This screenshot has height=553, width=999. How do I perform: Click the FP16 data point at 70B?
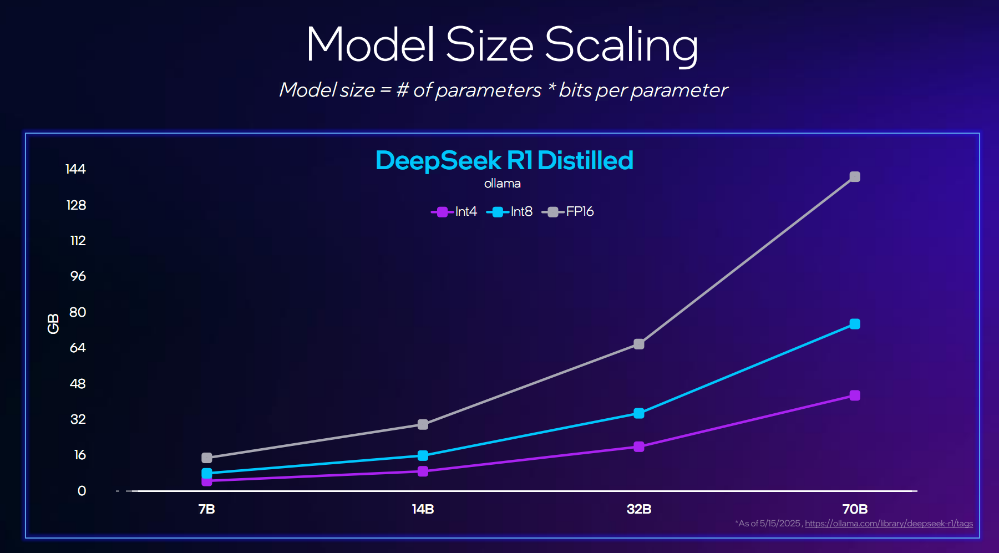pyautogui.click(x=855, y=177)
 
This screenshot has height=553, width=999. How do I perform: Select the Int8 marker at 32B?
pyautogui.click(x=639, y=413)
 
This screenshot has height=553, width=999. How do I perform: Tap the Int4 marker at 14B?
pyautogui.click(x=423, y=471)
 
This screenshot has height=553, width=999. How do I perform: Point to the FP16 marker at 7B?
pyautogui.click(x=207, y=458)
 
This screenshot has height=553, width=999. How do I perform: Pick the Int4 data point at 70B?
pyautogui.click(x=855, y=395)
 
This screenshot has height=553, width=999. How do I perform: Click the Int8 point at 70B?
pyautogui.click(x=855, y=324)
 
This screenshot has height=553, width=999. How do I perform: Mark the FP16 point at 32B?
pyautogui.click(x=639, y=344)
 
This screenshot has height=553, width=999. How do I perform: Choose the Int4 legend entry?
pyautogui.click(x=455, y=212)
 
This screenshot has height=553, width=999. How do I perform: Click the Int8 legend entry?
pyautogui.click(x=510, y=212)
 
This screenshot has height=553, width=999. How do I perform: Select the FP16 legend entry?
pyautogui.click(x=569, y=212)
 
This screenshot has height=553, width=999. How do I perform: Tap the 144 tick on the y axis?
pyautogui.click(x=75, y=169)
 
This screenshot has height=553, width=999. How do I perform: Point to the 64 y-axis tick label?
pyautogui.click(x=78, y=348)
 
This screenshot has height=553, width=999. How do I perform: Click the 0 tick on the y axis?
pyautogui.click(x=82, y=491)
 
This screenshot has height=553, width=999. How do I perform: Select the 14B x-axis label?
pyautogui.click(x=423, y=509)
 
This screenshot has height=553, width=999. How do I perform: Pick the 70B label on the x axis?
pyautogui.click(x=855, y=509)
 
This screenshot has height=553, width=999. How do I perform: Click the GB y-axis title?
pyautogui.click(x=53, y=324)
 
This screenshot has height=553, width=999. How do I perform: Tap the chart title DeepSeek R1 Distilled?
pyautogui.click(x=504, y=161)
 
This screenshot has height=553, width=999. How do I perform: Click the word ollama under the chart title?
pyautogui.click(x=503, y=184)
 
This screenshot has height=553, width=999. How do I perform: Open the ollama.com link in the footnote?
pyautogui.click(x=889, y=524)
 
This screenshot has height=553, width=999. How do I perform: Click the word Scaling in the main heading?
pyautogui.click(x=621, y=45)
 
